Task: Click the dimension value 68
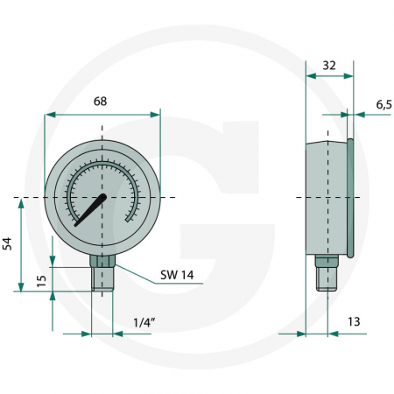pyautogui.click(x=101, y=102)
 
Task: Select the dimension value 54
pyautogui.click(x=9, y=243)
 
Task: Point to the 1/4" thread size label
pyautogui.click(x=144, y=321)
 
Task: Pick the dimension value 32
pyautogui.click(x=329, y=64)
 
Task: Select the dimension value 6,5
pyautogui.click(x=383, y=104)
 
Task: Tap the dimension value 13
pyautogui.click(x=354, y=321)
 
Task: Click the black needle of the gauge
pyautogui.click(x=91, y=211)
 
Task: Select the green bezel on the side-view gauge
pyautogui.click(x=349, y=197)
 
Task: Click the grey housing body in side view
pyautogui.click(x=325, y=197)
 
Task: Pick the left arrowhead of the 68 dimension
pyautogui.click(x=50, y=114)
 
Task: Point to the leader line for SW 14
pyautogui.click(x=136, y=273)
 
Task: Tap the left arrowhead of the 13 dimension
pyautogui.click(x=300, y=334)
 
